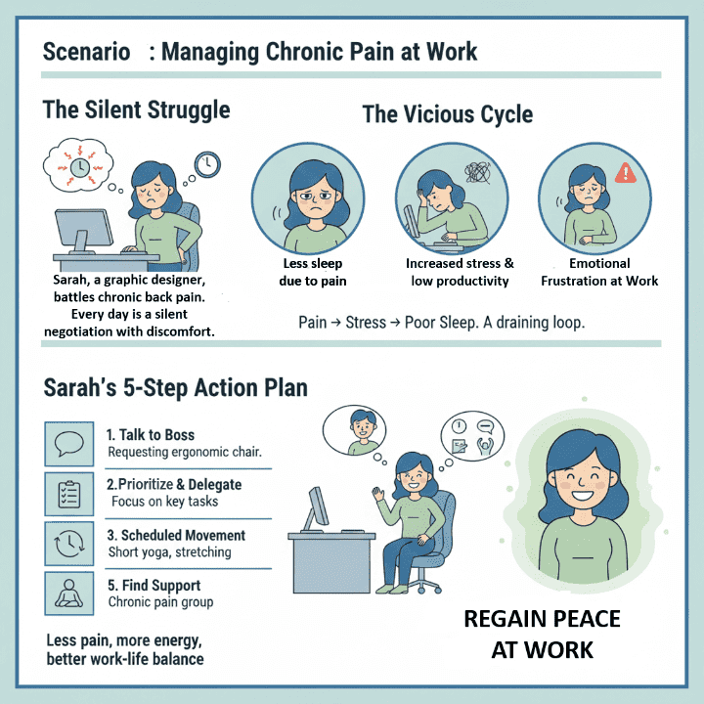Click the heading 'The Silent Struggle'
pos(136,110)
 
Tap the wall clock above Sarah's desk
pos(207,164)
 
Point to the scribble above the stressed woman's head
pos(478,174)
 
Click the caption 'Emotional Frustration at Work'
pos(599,272)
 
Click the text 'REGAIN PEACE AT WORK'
pos(542,634)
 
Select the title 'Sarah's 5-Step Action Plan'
pos(175,387)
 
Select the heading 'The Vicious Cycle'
pos(447,114)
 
